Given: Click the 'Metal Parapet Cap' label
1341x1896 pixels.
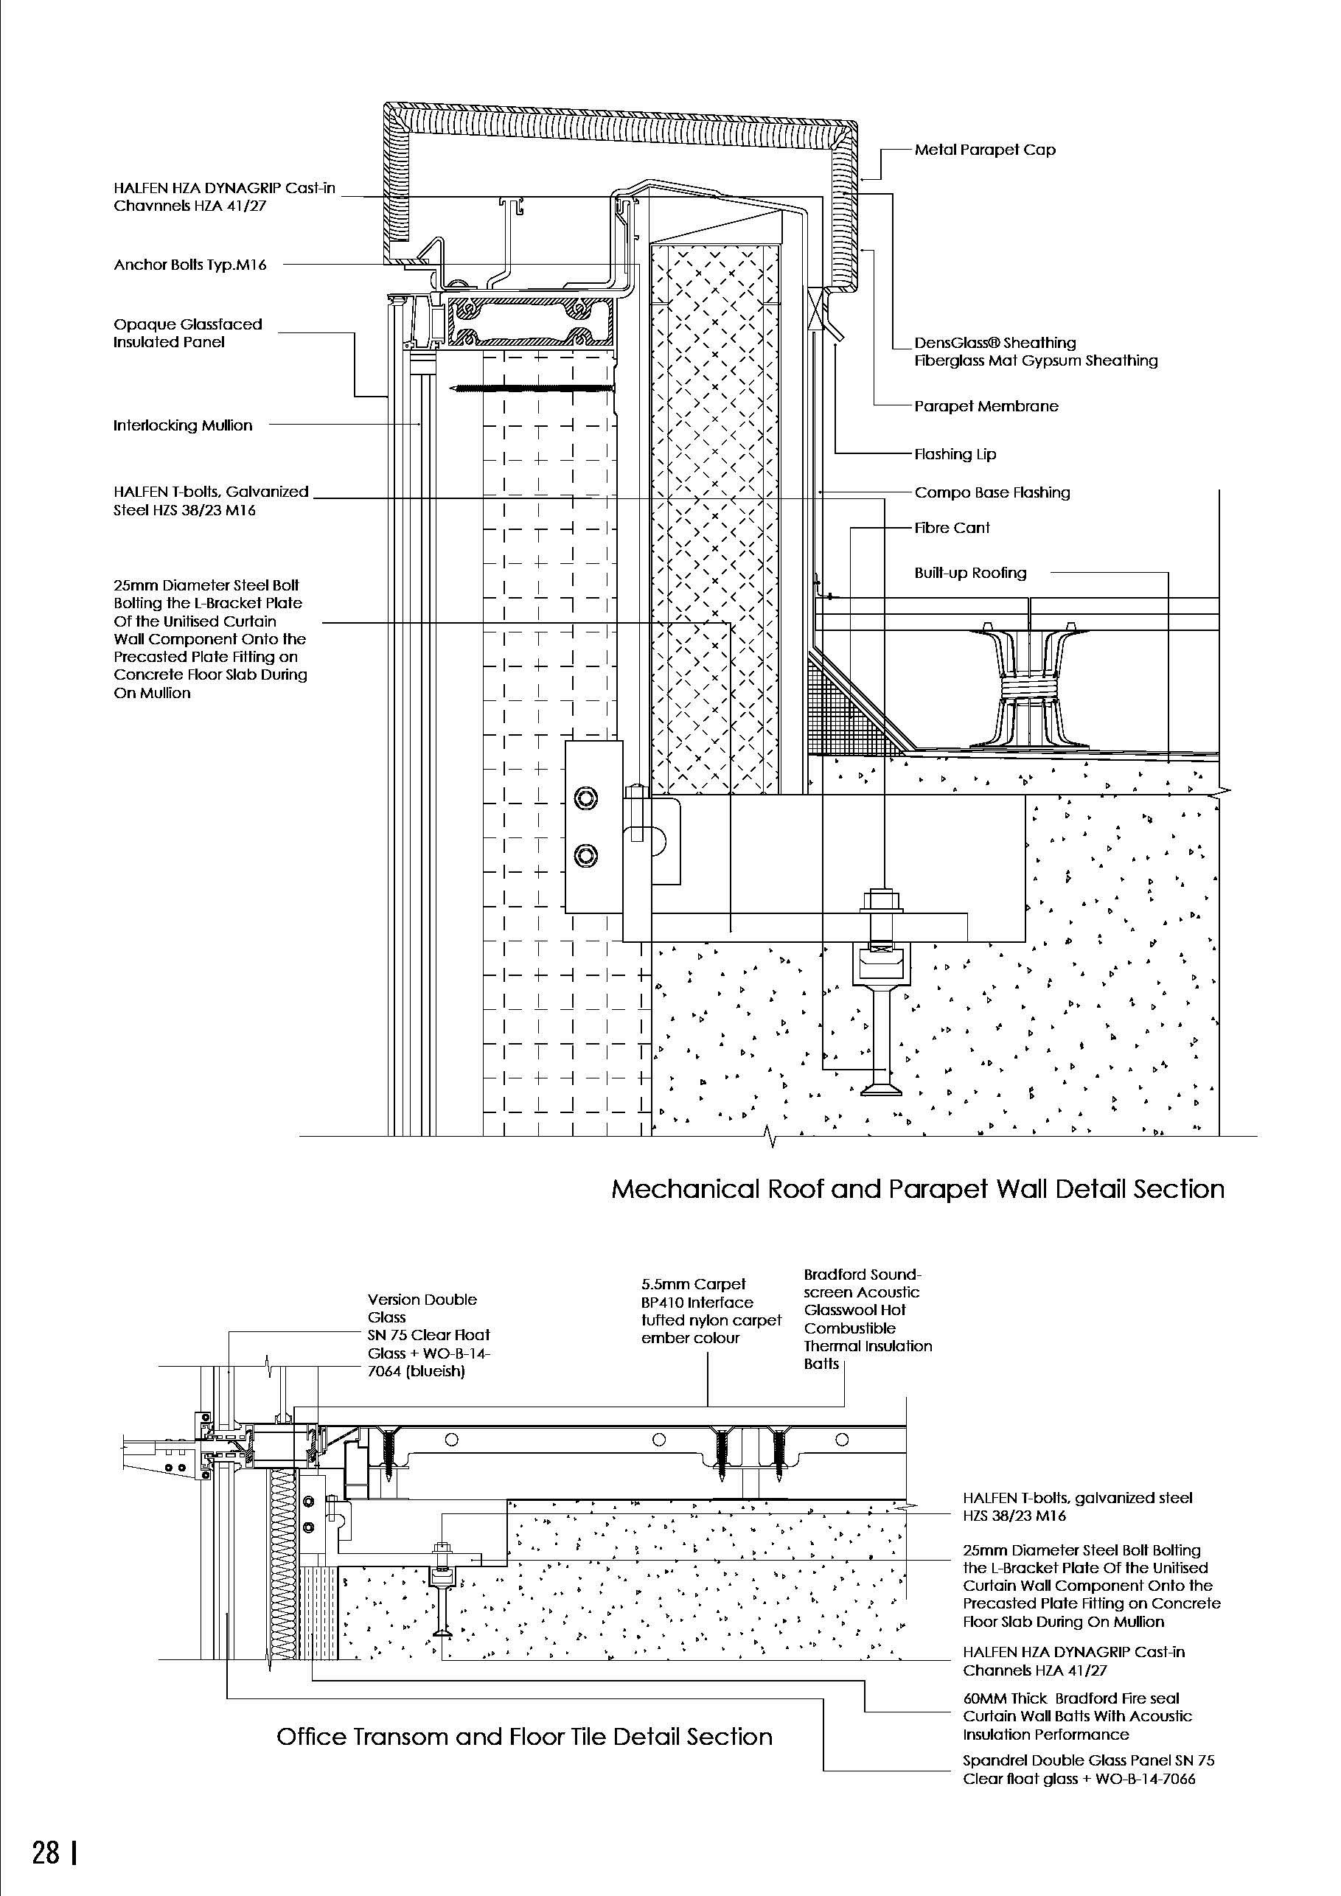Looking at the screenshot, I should [x=984, y=150].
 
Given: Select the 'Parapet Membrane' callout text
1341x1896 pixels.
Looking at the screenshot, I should [x=986, y=406].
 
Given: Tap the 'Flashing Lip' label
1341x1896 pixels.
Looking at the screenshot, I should [x=955, y=454].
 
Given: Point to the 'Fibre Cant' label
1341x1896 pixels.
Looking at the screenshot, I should [x=951, y=528].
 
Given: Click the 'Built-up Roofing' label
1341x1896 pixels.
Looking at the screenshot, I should [x=969, y=573].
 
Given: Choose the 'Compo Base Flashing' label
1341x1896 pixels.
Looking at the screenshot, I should [x=992, y=493].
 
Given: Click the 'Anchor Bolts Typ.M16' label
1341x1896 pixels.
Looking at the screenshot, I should [x=190, y=265].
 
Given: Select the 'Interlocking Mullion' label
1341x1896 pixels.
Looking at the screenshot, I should [x=183, y=425].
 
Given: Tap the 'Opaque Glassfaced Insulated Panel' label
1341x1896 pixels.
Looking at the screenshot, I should [x=187, y=332].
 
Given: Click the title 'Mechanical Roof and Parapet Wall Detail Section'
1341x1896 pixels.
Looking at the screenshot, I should [x=917, y=1189].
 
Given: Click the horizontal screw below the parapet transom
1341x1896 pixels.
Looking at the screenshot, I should [x=532, y=388].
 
